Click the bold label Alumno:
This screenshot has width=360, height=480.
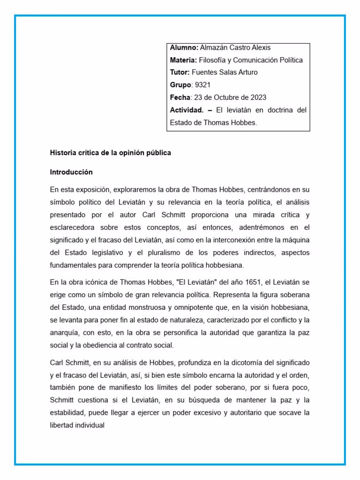point(184,47)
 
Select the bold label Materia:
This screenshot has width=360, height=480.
point(183,60)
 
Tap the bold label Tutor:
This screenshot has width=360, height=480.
point(180,72)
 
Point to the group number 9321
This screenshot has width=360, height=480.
point(202,85)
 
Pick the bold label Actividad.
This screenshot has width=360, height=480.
point(187,110)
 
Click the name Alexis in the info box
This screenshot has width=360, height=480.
point(261,47)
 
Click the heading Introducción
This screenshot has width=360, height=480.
point(71,172)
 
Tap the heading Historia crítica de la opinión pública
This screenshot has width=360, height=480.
point(111,152)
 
